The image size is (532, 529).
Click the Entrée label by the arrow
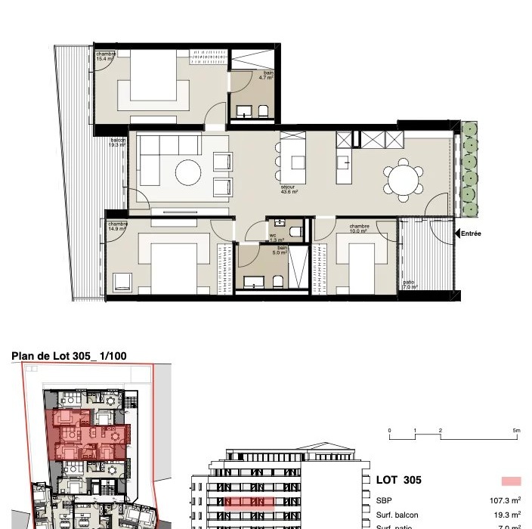click(472, 234)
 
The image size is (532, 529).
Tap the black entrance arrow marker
click(457, 234)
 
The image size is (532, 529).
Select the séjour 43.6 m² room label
click(289, 190)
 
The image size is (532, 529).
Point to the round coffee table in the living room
click(188, 172)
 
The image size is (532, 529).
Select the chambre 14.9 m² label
click(117, 226)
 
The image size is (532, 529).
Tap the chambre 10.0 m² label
click(359, 228)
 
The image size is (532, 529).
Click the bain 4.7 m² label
click(265, 76)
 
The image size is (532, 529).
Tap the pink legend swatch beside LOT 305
click(511, 481)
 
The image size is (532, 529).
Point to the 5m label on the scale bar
click(516, 430)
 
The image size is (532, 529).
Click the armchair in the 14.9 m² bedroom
click(122, 283)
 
